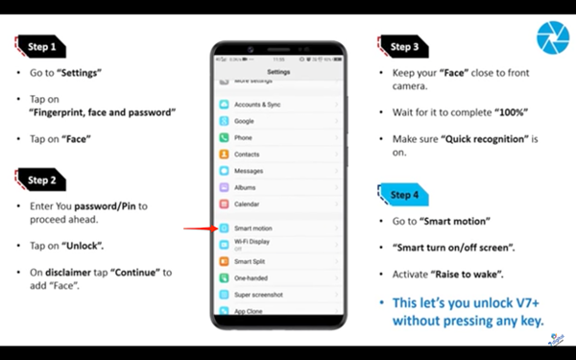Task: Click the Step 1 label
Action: [x=41, y=46]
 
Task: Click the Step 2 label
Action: [x=41, y=180]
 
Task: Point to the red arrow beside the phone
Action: [x=199, y=228]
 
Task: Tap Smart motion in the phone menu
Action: [x=253, y=228]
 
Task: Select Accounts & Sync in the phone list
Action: [x=257, y=104]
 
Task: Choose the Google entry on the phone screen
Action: [x=245, y=121]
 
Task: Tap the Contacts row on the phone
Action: [x=247, y=154]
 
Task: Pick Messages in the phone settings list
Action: [x=249, y=171]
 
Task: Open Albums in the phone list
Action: [x=246, y=187]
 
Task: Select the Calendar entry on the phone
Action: [x=247, y=204]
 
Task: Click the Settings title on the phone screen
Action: [x=278, y=72]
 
